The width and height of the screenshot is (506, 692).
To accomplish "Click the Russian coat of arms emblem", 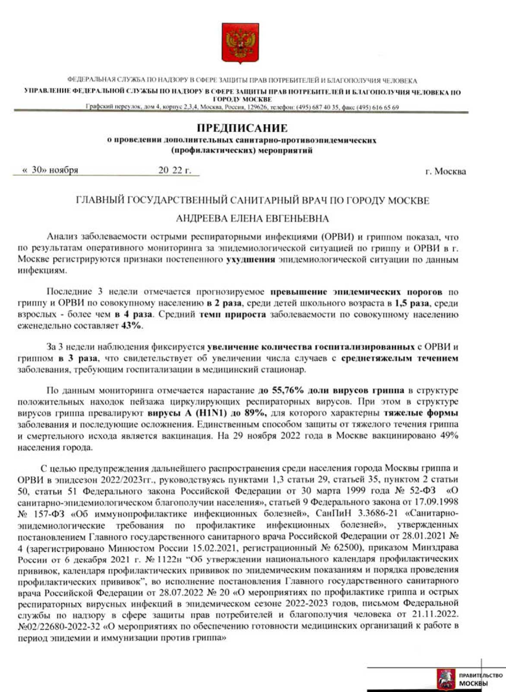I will (240, 44).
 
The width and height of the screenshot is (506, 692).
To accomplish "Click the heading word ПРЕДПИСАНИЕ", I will (242, 128).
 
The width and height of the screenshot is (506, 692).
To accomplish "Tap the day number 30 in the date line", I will (38, 170).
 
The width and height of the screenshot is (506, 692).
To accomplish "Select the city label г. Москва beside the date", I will (445, 171).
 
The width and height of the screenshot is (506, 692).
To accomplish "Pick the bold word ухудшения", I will (250, 260).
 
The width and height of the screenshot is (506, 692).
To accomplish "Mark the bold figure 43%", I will (133, 326).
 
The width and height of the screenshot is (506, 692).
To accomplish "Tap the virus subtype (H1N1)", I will (211, 413).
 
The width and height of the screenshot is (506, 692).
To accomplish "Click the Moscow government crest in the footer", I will (443, 679).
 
